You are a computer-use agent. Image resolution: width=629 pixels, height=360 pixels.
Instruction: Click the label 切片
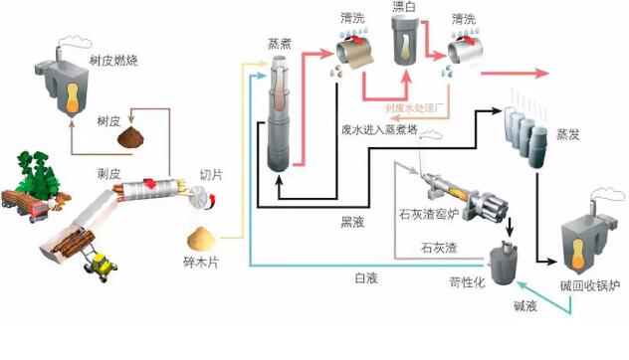[211, 175]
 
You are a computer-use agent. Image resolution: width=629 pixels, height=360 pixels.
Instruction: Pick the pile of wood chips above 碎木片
[206, 237]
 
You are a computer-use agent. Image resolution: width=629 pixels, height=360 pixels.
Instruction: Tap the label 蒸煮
[280, 44]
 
